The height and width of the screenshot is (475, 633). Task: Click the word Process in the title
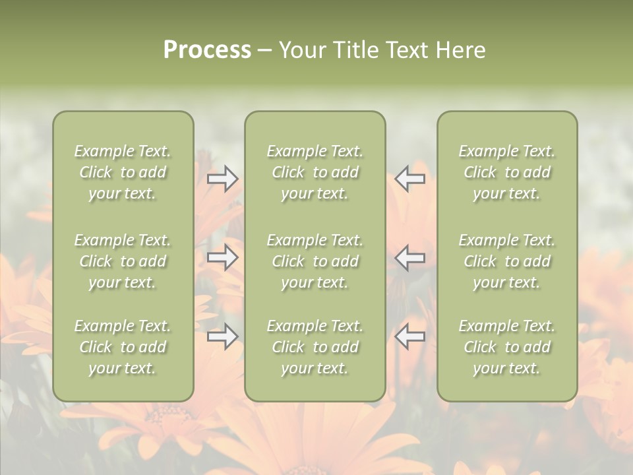pyautogui.click(x=207, y=50)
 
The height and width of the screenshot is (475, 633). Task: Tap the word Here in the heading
pyautogui.click(x=461, y=50)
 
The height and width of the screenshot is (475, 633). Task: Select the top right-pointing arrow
pyautogui.click(x=223, y=179)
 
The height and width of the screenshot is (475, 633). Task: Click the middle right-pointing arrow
pyautogui.click(x=223, y=258)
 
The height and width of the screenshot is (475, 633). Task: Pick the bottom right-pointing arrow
pyautogui.click(x=223, y=337)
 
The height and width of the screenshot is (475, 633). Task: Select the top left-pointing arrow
pyautogui.click(x=410, y=179)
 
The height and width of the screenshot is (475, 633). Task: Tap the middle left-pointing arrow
pyautogui.click(x=410, y=258)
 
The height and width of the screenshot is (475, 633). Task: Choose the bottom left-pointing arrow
pyautogui.click(x=410, y=337)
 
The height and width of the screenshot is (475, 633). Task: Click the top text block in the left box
pyautogui.click(x=123, y=172)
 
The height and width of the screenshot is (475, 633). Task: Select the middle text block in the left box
pyautogui.click(x=123, y=261)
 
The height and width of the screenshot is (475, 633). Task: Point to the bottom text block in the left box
pyautogui.click(x=123, y=347)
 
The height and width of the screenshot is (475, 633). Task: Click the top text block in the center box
pyautogui.click(x=315, y=172)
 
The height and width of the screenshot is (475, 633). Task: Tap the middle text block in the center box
pyautogui.click(x=315, y=261)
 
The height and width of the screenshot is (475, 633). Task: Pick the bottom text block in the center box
pyautogui.click(x=315, y=347)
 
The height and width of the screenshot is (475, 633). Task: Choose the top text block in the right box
pyautogui.click(x=506, y=172)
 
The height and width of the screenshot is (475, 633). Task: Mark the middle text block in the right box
pyautogui.click(x=506, y=261)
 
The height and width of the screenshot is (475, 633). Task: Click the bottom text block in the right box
pyautogui.click(x=506, y=347)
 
